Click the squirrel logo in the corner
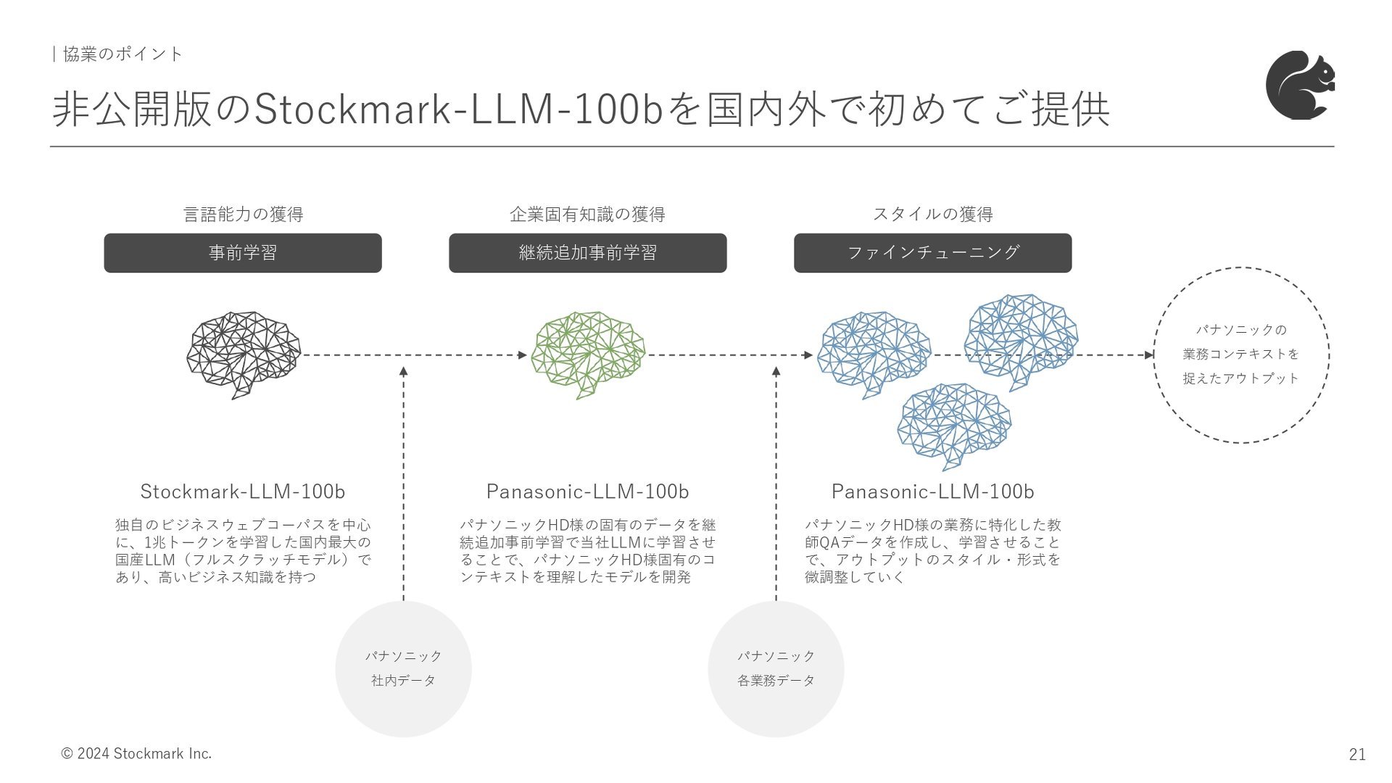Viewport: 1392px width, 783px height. pyautogui.click(x=1300, y=85)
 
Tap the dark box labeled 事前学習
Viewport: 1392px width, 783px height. pyautogui.click(x=243, y=253)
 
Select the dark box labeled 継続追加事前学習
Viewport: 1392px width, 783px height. pyautogui.click(x=588, y=253)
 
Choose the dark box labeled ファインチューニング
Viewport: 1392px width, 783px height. pyautogui.click(x=933, y=253)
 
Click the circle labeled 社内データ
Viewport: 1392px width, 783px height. pyautogui.click(x=404, y=669)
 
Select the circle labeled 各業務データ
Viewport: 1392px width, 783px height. pyautogui.click(x=776, y=669)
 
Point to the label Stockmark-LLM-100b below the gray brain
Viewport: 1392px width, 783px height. pyautogui.click(x=243, y=492)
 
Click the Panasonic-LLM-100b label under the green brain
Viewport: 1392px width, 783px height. pyautogui.click(x=588, y=492)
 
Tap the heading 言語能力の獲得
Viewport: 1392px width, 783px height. pyautogui.click(x=244, y=214)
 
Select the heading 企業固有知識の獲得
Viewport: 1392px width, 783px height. pyautogui.click(x=588, y=214)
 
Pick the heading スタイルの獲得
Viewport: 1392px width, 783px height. pyautogui.click(x=933, y=214)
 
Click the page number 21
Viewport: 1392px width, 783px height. pyautogui.click(x=1357, y=754)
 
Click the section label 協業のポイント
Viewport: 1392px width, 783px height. pyautogui.click(x=123, y=54)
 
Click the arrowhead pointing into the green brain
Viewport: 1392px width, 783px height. pyautogui.click(x=523, y=355)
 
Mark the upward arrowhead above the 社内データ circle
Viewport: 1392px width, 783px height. pyautogui.click(x=404, y=371)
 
